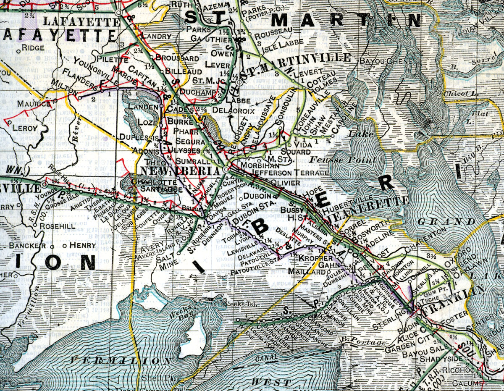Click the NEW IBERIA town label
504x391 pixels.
(181, 171)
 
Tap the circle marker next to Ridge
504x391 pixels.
(19, 52)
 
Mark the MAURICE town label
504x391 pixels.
(34, 103)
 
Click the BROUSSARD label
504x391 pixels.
(177, 58)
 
